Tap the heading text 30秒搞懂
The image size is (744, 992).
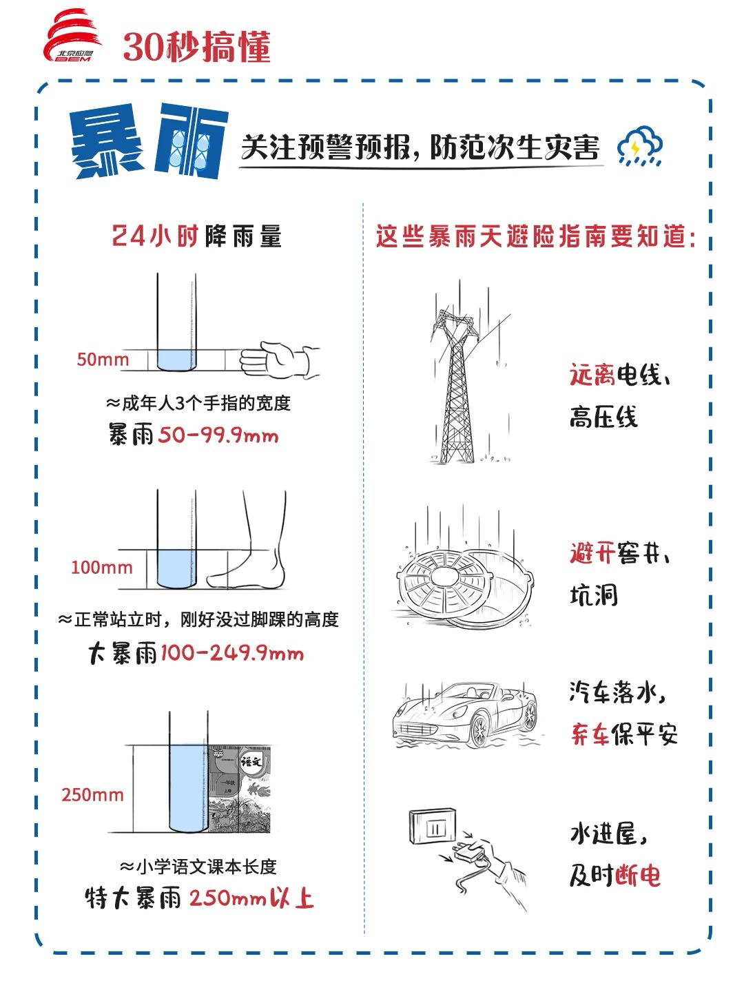point(196,47)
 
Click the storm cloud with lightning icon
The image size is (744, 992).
point(639,146)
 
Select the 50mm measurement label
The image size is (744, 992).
point(103,360)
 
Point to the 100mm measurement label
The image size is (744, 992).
point(101,568)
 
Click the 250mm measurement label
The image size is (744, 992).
point(93,794)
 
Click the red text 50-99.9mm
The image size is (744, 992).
point(218,436)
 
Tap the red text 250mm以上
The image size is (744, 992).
point(251,898)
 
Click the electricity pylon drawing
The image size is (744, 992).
point(455,386)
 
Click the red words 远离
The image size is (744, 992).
point(591,375)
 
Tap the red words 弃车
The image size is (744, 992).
point(591,734)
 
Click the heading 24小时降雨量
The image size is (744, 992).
point(197,237)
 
